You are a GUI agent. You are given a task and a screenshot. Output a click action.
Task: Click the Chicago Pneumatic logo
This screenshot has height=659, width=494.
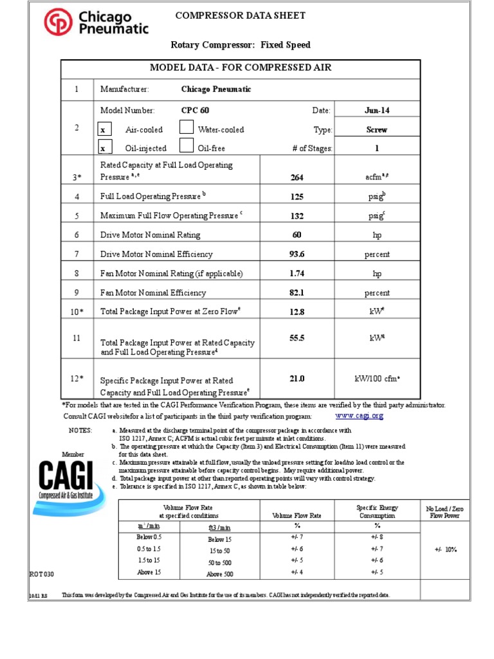tap(96, 22)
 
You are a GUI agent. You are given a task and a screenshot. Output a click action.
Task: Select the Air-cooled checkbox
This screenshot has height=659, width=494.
tap(102, 130)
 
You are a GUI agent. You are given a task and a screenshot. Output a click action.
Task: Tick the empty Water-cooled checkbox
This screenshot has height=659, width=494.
tap(186, 128)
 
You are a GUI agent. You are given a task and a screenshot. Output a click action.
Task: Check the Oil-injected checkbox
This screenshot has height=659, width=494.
tap(102, 149)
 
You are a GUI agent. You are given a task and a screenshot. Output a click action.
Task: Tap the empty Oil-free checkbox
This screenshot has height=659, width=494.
tap(186, 147)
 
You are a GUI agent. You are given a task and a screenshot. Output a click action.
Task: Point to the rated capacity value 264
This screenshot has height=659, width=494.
tap(297, 178)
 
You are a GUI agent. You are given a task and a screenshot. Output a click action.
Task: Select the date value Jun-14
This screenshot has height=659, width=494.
tap(376, 110)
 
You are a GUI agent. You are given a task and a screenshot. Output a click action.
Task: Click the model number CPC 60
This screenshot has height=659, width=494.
tap(195, 110)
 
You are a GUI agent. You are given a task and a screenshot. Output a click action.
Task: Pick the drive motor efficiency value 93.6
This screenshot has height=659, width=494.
tap(297, 254)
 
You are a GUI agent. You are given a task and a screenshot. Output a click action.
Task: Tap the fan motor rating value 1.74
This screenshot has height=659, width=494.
tap(297, 274)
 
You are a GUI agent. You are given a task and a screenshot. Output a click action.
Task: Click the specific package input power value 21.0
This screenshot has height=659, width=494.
tap(297, 379)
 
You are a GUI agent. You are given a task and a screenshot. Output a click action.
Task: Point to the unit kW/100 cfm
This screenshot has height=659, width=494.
tap(377, 379)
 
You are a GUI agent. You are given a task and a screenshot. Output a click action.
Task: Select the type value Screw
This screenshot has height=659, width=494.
tap(376, 129)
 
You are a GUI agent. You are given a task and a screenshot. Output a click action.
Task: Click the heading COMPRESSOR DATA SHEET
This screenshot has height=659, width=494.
tap(241, 15)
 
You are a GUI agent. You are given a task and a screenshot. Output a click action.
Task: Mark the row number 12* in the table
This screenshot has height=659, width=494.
tap(77, 378)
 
